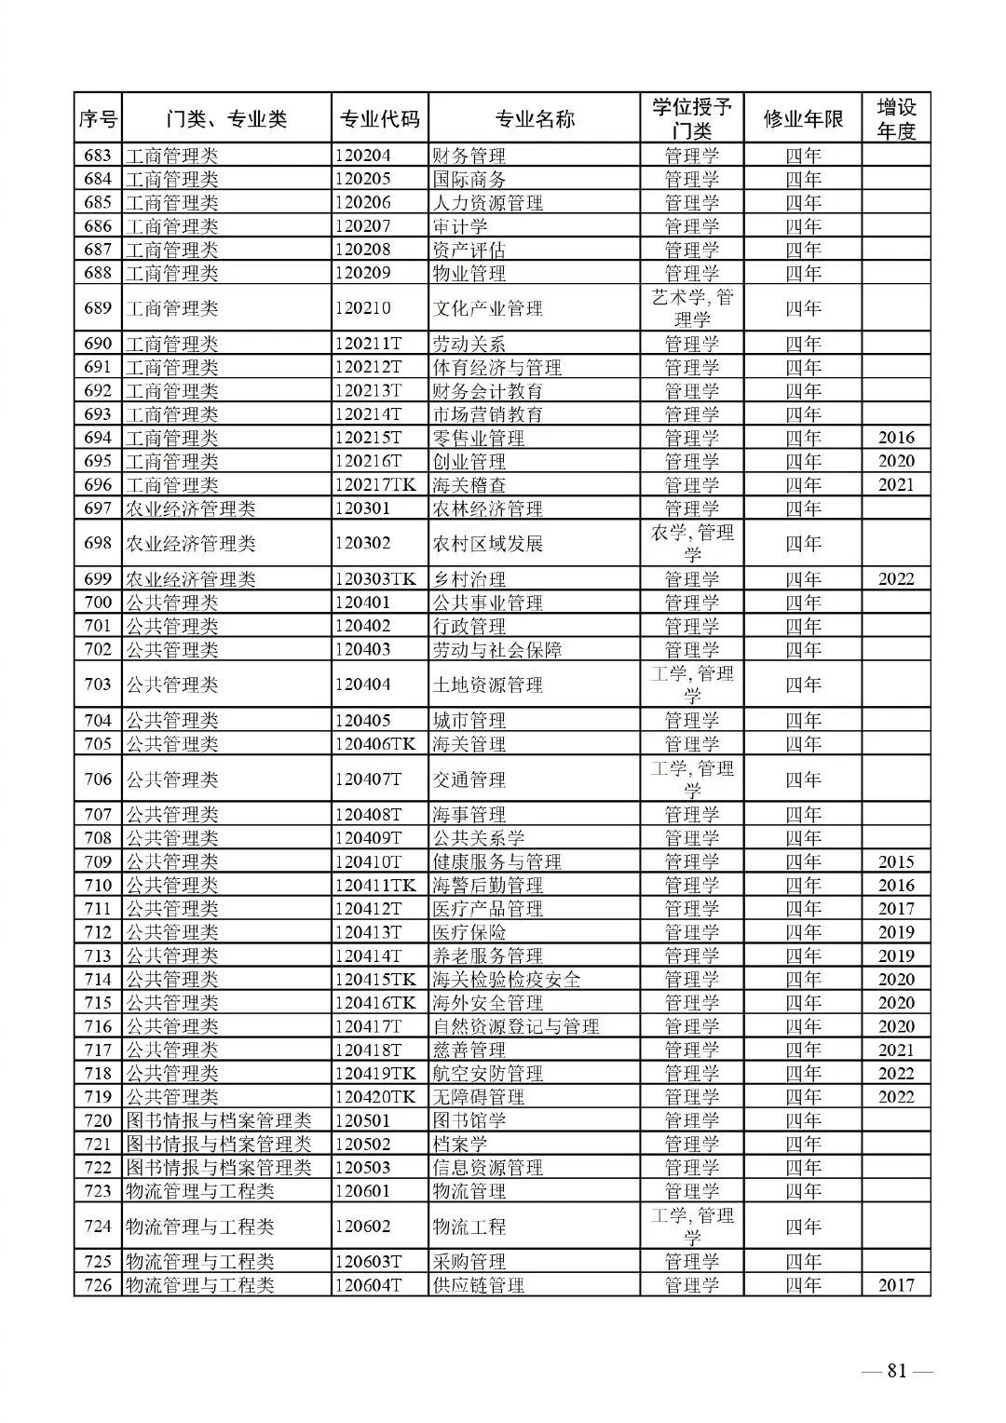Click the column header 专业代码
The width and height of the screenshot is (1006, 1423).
[379, 119]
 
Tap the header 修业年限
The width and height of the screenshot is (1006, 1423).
[802, 119]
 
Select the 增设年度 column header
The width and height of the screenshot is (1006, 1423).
[895, 119]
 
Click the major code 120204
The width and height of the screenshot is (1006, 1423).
[363, 156]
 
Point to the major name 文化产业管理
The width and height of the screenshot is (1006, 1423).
[487, 308]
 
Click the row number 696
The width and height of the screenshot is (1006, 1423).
[98, 485]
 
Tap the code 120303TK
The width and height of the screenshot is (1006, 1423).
[376, 579]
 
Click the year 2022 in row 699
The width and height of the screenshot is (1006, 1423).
[895, 579]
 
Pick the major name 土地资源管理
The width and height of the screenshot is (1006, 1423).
[487, 685]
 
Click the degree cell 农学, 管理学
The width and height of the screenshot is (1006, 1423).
[691, 544]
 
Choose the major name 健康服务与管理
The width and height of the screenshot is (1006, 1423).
[496, 862]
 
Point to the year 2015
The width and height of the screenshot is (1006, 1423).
[895, 862]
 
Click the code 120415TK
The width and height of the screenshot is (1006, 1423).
[376, 980]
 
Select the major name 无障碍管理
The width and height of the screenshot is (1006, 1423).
[478, 1097]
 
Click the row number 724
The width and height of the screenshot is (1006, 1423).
[98, 1226]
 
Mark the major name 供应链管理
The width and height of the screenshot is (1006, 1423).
[478, 1286]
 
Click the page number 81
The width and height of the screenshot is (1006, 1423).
[897, 1370]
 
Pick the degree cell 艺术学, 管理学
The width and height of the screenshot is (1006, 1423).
[691, 308]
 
